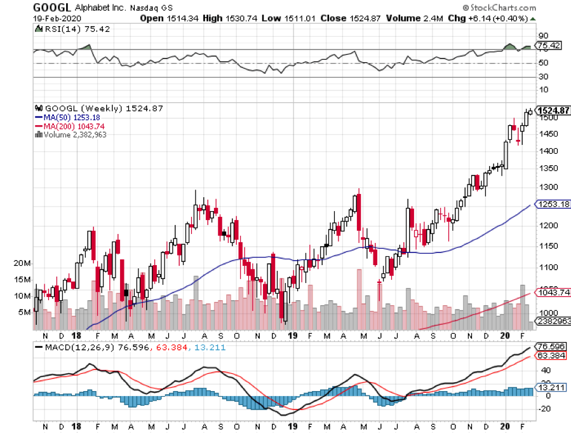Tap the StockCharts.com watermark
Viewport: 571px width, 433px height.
[x=521, y=8]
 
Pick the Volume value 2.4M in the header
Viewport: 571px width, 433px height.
[x=410, y=18]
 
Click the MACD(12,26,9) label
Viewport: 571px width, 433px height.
[x=72, y=347]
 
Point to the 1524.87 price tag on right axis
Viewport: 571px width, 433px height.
[x=554, y=111]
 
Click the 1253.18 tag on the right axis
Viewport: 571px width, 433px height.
[x=554, y=205]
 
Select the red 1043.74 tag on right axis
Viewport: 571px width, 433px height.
[x=554, y=292]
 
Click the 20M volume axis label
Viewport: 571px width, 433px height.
[x=23, y=263]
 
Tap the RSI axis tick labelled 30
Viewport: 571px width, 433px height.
[x=544, y=77]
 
